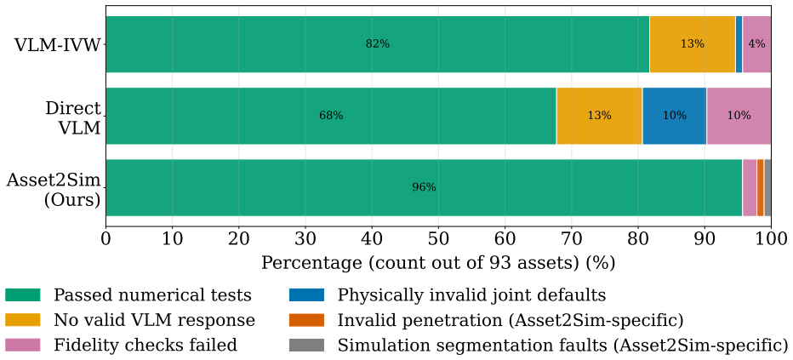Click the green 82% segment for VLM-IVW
tap(378, 44)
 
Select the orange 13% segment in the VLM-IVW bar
tap(693, 44)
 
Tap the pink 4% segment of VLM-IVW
tap(756, 44)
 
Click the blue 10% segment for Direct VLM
tap(674, 116)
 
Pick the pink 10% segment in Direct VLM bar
tap(739, 116)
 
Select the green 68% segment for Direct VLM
tap(331, 116)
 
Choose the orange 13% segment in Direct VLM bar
tap(599, 116)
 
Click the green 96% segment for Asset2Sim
tap(424, 187)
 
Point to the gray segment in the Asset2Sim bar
tap(767, 187)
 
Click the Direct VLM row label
tap(74, 117)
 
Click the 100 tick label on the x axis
tap(771, 237)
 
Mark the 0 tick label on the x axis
tap(106, 237)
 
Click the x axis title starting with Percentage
tap(438, 263)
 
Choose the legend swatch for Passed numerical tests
tap(23, 294)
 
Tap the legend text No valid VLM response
tap(154, 320)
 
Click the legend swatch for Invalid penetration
tap(306, 320)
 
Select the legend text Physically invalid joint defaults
tap(471, 294)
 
